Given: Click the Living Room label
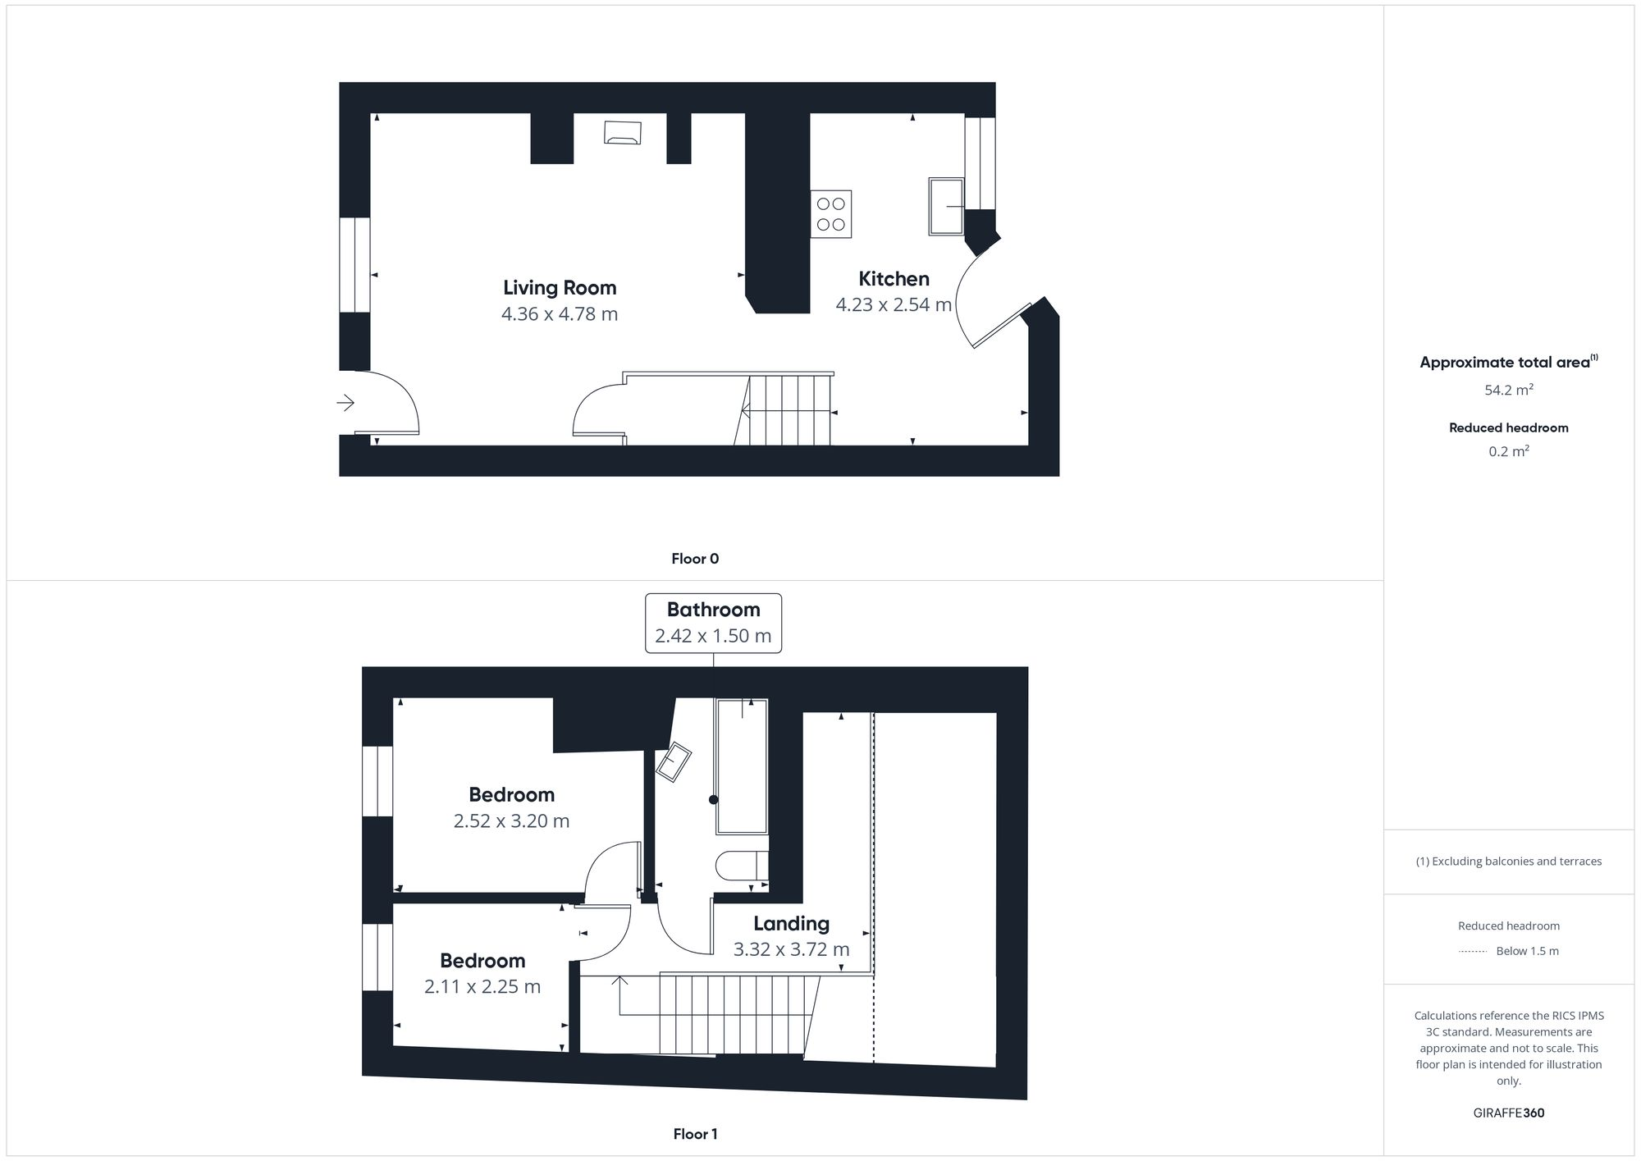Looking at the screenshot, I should tap(560, 288).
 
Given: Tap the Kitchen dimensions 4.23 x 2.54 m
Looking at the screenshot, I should tap(894, 305).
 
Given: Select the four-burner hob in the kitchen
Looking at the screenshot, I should tap(831, 214).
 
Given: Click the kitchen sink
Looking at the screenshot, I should tap(946, 206).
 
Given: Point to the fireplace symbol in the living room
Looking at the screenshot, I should tap(623, 132).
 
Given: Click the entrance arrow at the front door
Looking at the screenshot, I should tap(345, 403).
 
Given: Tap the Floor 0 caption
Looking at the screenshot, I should tap(695, 559).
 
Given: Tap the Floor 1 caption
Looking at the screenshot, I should tap(695, 1134).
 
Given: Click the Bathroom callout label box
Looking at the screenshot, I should tap(713, 623).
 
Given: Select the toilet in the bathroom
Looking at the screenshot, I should tap(741, 866).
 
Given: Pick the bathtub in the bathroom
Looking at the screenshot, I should tap(742, 766).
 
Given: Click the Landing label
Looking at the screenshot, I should tap(791, 924).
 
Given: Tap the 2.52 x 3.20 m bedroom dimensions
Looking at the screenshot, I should tap(511, 821).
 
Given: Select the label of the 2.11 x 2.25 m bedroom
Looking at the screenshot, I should tap(482, 961).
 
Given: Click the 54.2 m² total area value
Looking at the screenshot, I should tap(1509, 391).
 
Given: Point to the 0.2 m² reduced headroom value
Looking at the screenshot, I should tap(1509, 452).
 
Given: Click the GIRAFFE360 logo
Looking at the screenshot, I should tap(1508, 1113).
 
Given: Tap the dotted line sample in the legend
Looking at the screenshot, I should tap(1473, 952).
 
